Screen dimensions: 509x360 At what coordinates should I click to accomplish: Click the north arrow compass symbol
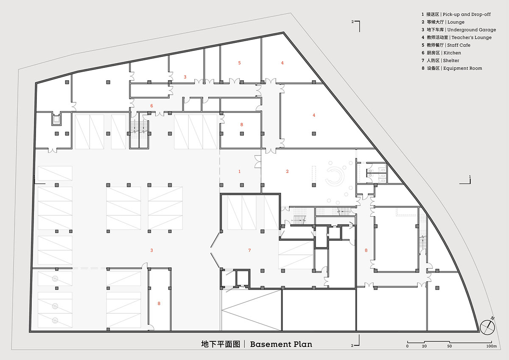[487, 327]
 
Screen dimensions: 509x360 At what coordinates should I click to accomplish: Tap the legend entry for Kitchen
[441, 53]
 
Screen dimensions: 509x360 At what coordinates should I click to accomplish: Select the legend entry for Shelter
[440, 60]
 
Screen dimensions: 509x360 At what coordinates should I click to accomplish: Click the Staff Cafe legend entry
[446, 45]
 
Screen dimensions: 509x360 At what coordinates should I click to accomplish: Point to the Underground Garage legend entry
[459, 30]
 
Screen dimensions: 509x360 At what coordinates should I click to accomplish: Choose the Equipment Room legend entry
[451, 68]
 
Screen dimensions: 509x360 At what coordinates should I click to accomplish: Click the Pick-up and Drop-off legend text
[456, 14]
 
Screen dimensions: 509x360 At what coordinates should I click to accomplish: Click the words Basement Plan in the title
[281, 344]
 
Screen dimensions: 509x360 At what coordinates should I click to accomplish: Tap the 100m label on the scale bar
[492, 346]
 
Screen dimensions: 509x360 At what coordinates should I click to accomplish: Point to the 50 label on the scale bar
[450, 346]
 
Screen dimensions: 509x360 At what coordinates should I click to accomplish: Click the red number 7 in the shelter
[249, 250]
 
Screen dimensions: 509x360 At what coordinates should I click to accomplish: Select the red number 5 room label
[239, 63]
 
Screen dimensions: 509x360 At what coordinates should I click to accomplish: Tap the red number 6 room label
[151, 106]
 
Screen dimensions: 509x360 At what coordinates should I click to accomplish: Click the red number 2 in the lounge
[287, 171]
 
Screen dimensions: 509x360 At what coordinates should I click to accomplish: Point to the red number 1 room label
[239, 171]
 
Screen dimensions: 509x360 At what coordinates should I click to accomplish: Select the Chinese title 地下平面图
[221, 344]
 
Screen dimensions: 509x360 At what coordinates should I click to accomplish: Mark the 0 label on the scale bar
[407, 346]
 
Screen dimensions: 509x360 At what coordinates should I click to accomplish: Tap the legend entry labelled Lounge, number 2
[443, 22]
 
